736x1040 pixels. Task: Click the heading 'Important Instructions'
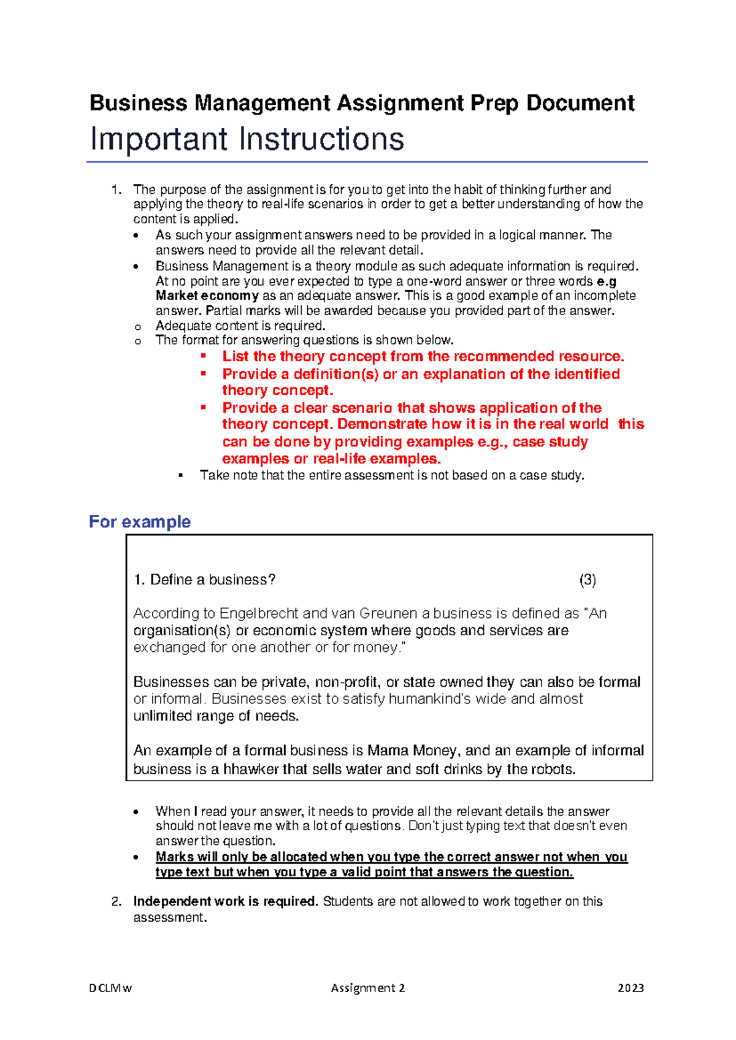pyautogui.click(x=247, y=139)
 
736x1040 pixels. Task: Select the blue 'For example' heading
pyautogui.click(x=140, y=522)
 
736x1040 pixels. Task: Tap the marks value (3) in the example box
pyautogui.click(x=587, y=579)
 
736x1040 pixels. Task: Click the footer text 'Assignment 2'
pyautogui.click(x=367, y=988)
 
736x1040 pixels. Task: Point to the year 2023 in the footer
pyautogui.click(x=631, y=988)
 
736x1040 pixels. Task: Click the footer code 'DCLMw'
pyautogui.click(x=110, y=988)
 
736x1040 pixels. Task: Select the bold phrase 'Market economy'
pyautogui.click(x=207, y=296)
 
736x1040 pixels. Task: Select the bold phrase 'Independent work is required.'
pyautogui.click(x=225, y=901)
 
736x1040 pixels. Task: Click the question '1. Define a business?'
pyautogui.click(x=204, y=579)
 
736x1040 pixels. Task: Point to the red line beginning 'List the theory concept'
pyautogui.click(x=423, y=356)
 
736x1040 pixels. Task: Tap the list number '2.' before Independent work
pyautogui.click(x=117, y=901)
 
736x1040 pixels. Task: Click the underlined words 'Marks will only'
pyautogui.click(x=197, y=857)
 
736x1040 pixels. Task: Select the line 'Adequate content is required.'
pyautogui.click(x=240, y=326)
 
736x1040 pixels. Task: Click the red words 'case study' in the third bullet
pyautogui.click(x=550, y=442)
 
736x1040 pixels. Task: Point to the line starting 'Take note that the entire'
pyautogui.click(x=391, y=475)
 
